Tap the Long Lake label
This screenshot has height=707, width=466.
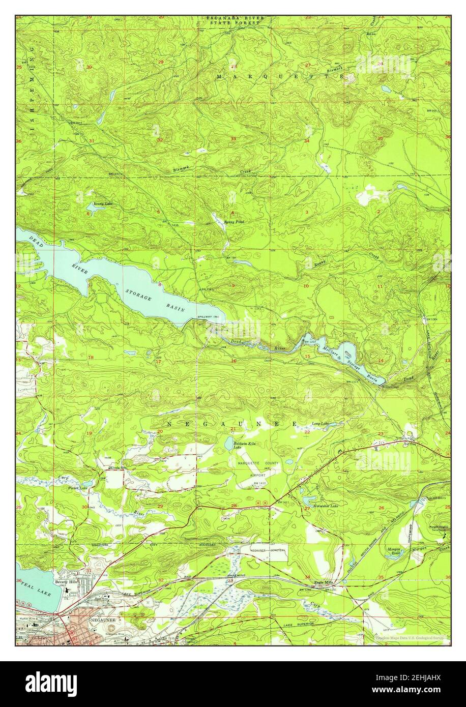pos(320,424)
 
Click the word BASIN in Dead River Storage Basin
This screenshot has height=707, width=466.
pos(174,307)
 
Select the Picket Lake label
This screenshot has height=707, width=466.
pos(78,488)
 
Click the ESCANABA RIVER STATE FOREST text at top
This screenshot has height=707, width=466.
pos(235,20)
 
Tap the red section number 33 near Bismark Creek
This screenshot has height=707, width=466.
pos(234,139)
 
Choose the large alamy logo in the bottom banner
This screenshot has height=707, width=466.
pos(51,684)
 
